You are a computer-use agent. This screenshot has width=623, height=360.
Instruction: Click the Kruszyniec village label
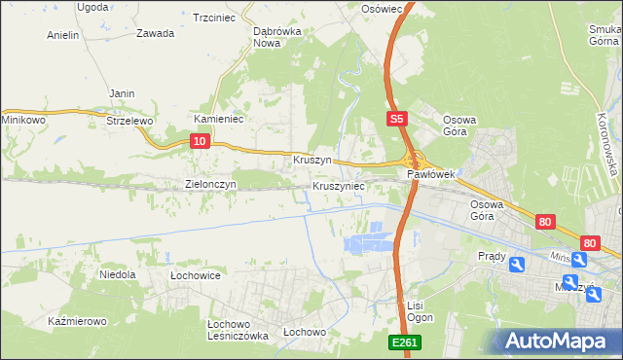pos(339,185)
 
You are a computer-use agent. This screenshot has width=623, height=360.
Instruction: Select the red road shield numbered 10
pos(199,142)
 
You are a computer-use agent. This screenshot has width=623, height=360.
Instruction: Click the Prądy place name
pos(492,256)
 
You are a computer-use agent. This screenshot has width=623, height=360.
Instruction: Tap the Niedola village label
pos(117,275)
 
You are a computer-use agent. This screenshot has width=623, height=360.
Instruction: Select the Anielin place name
pos(63,35)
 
